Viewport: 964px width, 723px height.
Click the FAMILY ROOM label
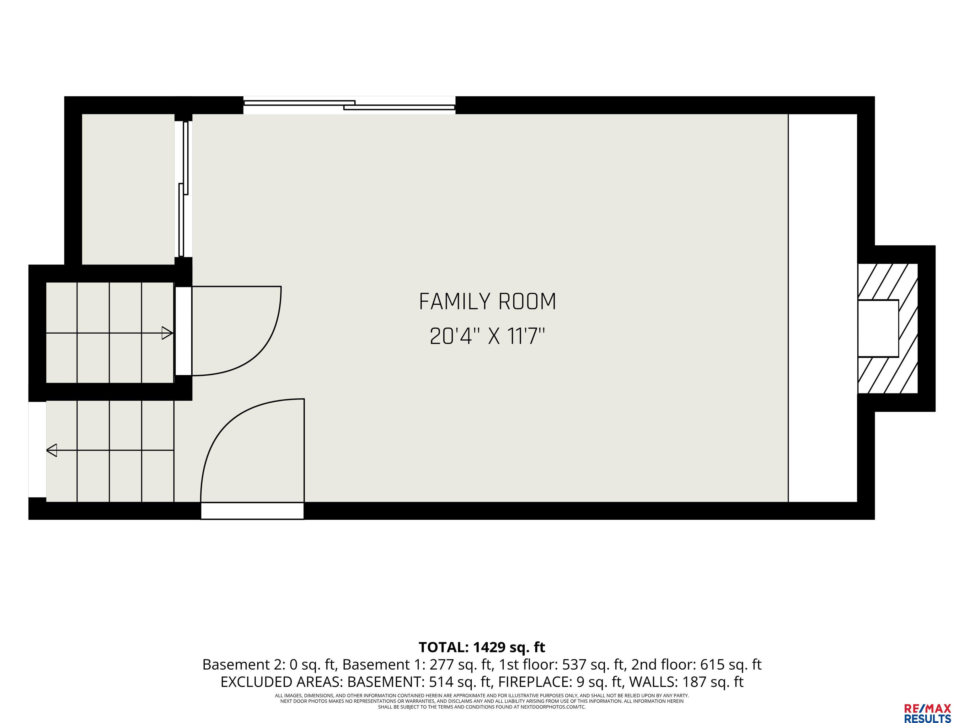[x=487, y=302]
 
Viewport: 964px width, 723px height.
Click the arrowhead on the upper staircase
[x=167, y=333]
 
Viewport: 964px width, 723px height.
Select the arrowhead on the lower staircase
[x=51, y=450]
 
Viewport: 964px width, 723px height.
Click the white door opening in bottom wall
[x=252, y=511]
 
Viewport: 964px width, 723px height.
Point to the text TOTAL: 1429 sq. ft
[x=482, y=647]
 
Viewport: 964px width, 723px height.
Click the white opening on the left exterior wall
[x=37, y=449]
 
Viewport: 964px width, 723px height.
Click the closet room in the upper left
[x=128, y=189]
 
